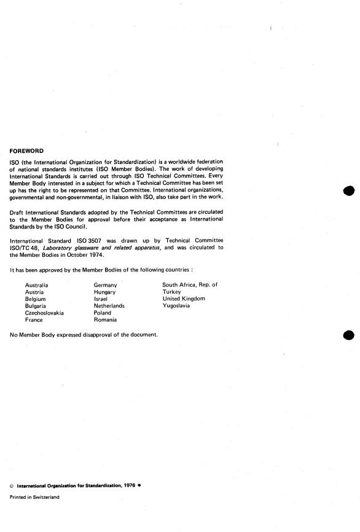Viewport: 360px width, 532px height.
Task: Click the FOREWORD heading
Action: (27, 149)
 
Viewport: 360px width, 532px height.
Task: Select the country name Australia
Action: (37, 286)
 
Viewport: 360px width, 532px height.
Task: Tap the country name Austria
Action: (34, 292)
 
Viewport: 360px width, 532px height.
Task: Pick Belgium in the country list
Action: (36, 299)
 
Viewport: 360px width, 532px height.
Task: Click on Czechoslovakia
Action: (44, 313)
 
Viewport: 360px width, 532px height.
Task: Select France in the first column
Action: (34, 320)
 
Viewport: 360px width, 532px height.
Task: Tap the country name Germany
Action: (105, 286)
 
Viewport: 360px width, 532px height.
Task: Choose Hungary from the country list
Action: (104, 292)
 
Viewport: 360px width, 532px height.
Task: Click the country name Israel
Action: (101, 299)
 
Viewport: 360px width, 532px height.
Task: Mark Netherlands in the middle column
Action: (109, 306)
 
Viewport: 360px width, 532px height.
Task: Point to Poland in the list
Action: (103, 313)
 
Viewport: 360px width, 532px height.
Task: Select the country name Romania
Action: (105, 320)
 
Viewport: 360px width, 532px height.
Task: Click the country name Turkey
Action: (171, 292)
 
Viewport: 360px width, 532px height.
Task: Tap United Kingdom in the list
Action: (184, 299)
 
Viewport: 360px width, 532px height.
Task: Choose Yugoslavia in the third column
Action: (176, 306)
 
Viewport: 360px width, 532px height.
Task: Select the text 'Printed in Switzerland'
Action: (35, 498)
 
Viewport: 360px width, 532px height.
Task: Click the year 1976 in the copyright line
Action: (127, 485)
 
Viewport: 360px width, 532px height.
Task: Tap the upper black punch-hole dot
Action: (349, 191)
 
